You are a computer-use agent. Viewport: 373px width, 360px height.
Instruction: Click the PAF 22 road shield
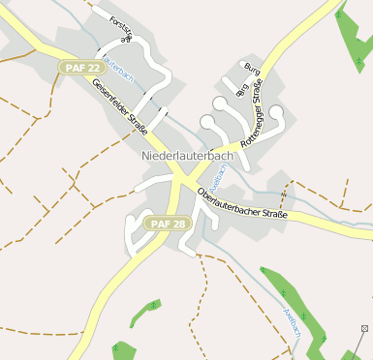(x=79, y=68)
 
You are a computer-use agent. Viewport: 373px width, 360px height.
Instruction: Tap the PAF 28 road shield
(x=169, y=224)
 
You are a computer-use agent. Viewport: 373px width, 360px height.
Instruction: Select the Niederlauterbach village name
(x=187, y=156)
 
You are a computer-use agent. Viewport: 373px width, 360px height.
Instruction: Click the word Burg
(x=254, y=69)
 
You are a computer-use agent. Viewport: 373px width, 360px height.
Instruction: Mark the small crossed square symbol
(x=364, y=329)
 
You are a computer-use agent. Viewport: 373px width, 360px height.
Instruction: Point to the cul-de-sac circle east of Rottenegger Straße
(x=276, y=112)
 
